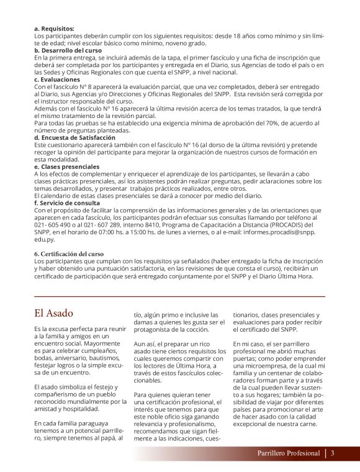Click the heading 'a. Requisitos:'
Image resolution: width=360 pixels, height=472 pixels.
point(54,29)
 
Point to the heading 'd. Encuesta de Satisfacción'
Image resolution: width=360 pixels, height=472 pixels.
point(75,137)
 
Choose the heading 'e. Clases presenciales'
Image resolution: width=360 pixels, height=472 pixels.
point(66,166)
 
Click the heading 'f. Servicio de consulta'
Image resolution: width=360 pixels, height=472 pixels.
point(66,202)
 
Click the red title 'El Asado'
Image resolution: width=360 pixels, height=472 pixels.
point(53,313)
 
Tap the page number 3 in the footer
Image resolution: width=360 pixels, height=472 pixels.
point(333,453)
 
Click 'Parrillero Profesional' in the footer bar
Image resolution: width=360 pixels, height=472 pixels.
point(289,453)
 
